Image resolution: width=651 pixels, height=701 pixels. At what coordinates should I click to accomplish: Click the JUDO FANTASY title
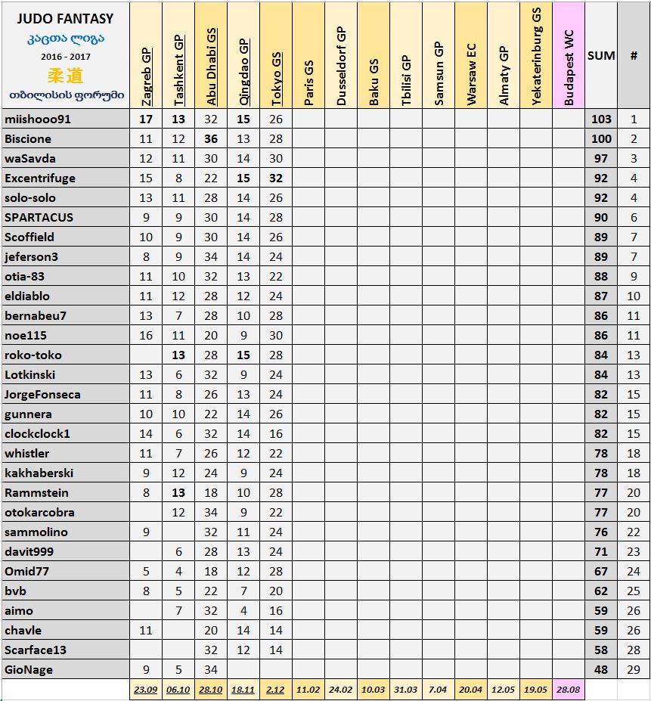(64, 18)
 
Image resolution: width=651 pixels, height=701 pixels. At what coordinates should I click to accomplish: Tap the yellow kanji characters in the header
(64, 75)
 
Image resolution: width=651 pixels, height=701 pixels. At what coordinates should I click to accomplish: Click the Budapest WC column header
(569, 68)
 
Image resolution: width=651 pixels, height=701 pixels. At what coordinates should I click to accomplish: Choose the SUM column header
(601, 55)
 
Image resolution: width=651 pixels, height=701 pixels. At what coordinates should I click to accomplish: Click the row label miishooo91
(36, 119)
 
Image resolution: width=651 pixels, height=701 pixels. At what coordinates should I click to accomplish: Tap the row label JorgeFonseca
(42, 395)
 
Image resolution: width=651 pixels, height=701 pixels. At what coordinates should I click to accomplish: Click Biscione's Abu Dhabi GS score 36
(211, 139)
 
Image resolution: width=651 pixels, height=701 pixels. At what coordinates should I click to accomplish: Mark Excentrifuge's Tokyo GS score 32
(276, 178)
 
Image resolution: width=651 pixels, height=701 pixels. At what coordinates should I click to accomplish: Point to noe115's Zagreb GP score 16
(146, 336)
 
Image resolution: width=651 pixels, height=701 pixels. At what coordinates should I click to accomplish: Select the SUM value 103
(601, 119)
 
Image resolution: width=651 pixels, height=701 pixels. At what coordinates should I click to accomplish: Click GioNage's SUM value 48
(601, 670)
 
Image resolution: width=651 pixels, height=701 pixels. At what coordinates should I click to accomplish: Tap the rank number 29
(634, 670)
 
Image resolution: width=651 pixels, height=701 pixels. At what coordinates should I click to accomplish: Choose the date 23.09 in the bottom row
(146, 690)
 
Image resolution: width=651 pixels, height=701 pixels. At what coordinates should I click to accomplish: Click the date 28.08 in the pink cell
(569, 690)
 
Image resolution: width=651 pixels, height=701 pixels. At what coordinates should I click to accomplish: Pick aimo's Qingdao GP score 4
(243, 611)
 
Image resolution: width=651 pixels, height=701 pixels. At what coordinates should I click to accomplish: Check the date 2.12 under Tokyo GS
(276, 690)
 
